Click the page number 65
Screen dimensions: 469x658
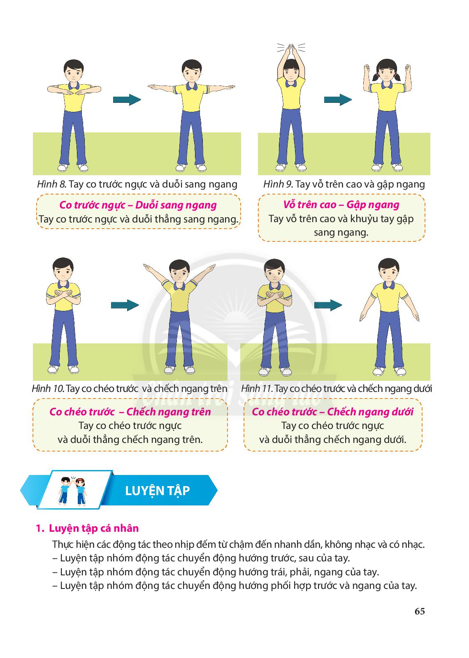pos(420,611)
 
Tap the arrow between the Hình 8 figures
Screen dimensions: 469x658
pos(127,100)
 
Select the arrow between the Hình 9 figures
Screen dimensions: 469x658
pos(338,100)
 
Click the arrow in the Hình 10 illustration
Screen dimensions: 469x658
pos(125,305)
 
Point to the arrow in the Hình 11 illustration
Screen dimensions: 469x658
pos(328,305)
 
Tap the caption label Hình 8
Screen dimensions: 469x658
pos(51,185)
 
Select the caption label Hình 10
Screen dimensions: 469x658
pos(48,389)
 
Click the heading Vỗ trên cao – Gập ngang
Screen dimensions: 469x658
pos(341,205)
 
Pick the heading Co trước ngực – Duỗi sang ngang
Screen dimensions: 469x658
pos(138,205)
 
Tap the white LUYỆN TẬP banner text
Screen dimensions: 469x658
pos(158,491)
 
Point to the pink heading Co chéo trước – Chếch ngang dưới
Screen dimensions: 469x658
pos(333,412)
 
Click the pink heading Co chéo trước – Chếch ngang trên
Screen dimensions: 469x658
pos(130,412)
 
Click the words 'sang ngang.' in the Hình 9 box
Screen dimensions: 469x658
pos(341,233)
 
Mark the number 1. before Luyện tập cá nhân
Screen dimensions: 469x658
pos(40,528)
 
